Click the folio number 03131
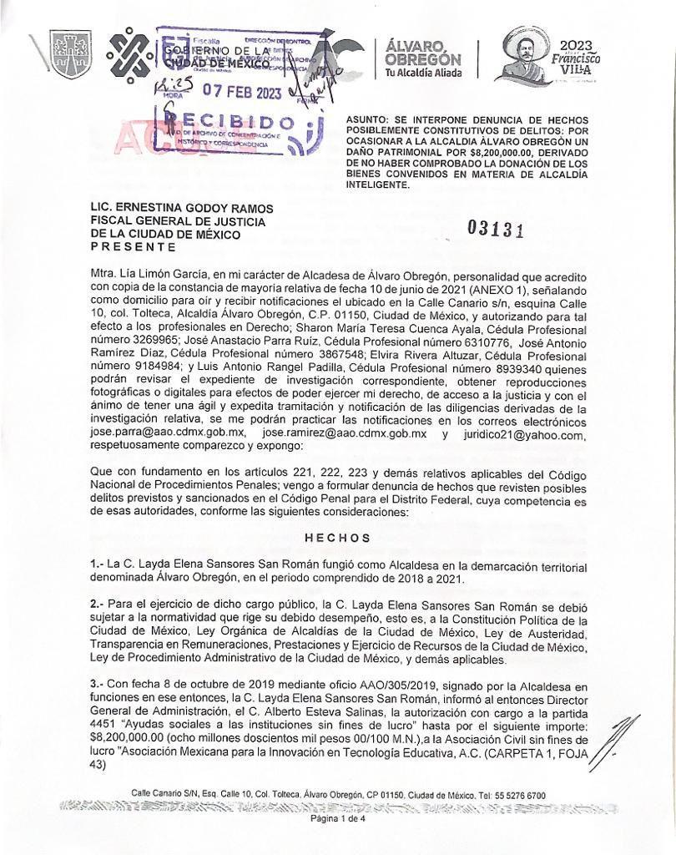coord(497,229)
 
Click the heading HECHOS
coord(338,538)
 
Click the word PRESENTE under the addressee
coord(133,246)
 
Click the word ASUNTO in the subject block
coord(368,121)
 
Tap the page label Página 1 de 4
coord(337,818)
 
